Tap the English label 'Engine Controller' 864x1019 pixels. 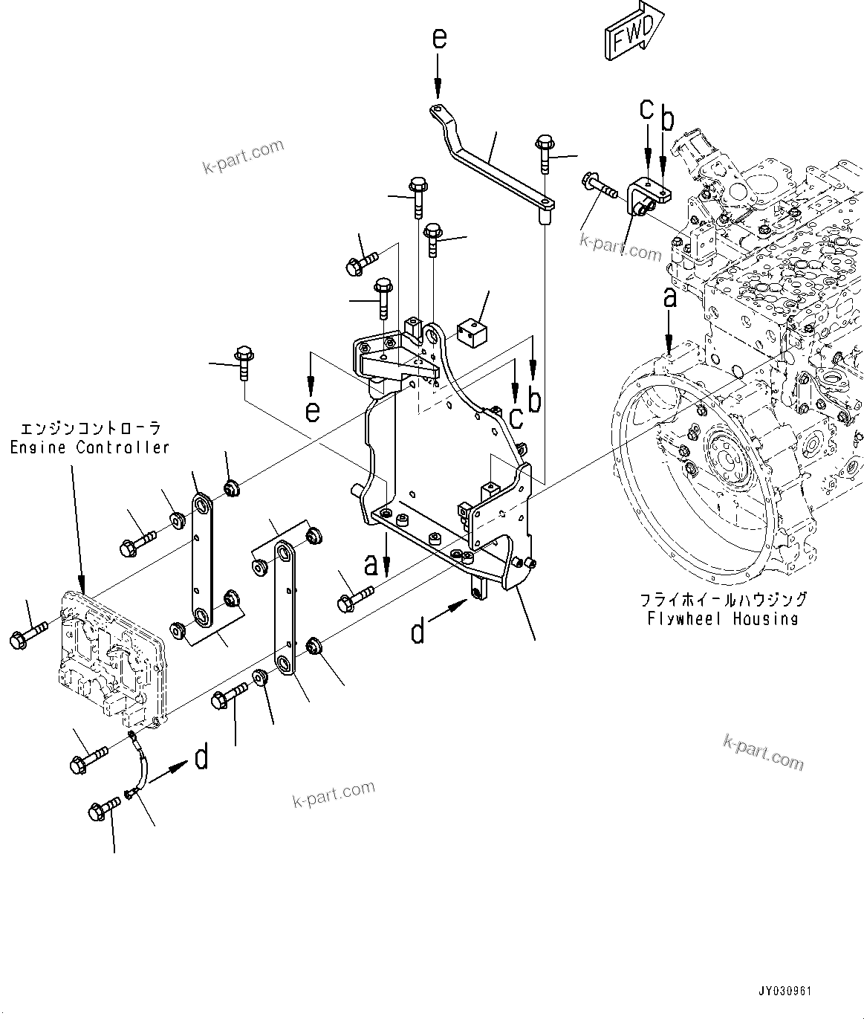tap(89, 447)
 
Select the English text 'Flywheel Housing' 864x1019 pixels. tap(722, 618)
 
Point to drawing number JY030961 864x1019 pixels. tap(785, 991)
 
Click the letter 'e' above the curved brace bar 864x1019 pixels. tap(439, 39)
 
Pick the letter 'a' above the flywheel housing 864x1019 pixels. tap(669, 298)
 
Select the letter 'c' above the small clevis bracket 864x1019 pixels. tap(646, 110)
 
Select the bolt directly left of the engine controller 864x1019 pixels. tap(28, 635)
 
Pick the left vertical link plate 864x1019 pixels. tap(201, 560)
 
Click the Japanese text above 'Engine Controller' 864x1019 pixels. tap(89, 429)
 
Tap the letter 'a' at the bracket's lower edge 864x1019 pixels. tap(371, 564)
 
